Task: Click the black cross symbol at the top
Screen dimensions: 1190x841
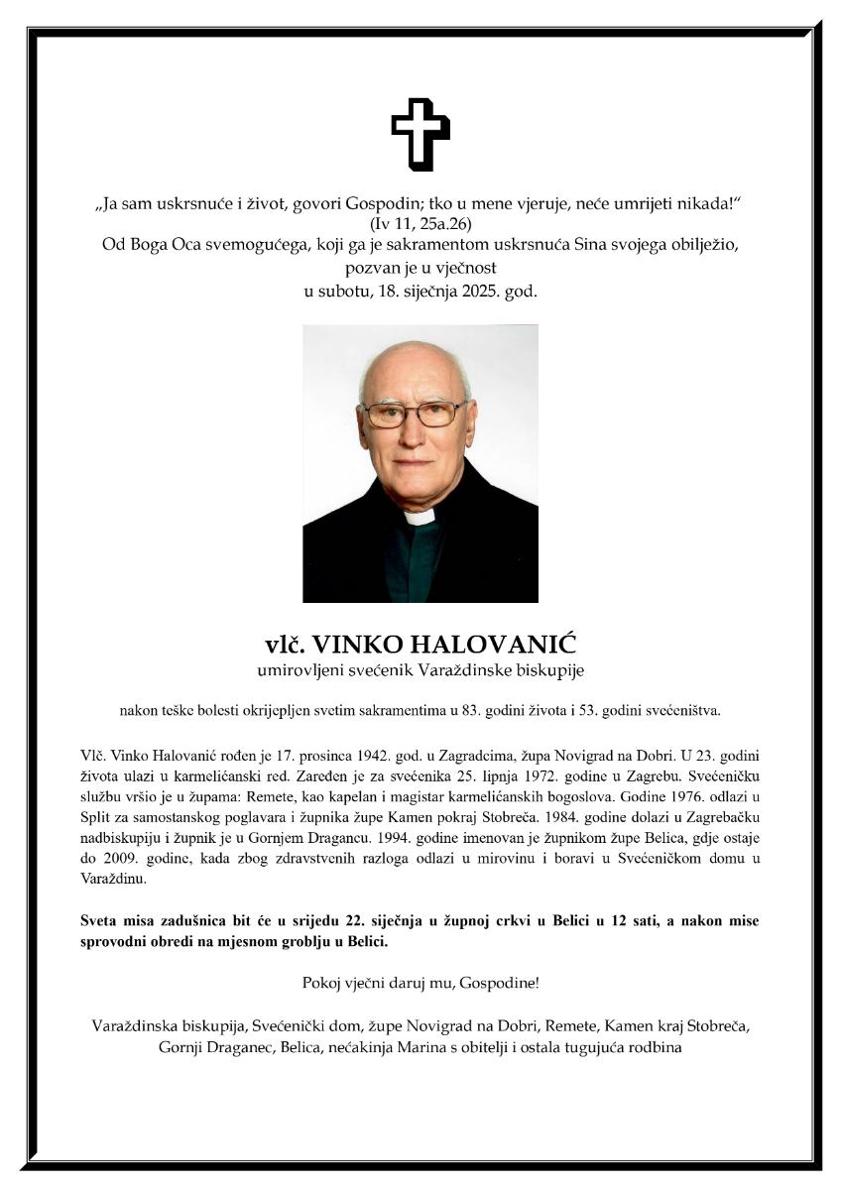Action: (x=420, y=134)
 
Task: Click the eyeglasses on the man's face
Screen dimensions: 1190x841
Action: (x=415, y=415)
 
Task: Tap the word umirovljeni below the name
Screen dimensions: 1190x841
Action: (x=298, y=671)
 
